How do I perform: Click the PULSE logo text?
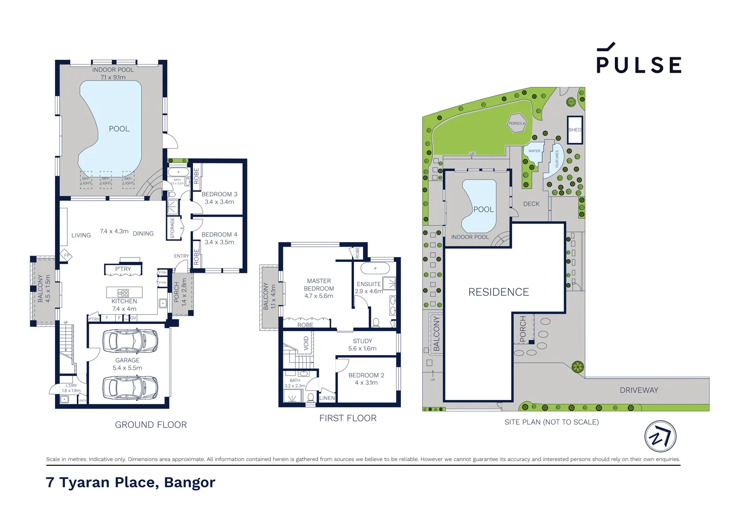[638, 64]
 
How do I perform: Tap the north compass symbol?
[660, 436]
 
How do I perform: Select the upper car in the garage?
[130, 341]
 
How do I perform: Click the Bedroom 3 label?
[219, 194]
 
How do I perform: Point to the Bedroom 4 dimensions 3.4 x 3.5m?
[219, 242]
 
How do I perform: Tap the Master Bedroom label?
[319, 285]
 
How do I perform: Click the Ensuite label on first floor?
[369, 284]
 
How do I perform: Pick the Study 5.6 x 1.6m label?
[362, 344]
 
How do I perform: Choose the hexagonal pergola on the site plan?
[516, 123]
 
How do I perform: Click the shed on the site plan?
[575, 129]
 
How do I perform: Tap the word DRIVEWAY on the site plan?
[639, 390]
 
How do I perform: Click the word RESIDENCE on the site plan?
[498, 292]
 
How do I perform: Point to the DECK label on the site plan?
[531, 204]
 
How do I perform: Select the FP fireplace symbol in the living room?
[66, 256]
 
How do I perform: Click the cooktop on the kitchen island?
[123, 293]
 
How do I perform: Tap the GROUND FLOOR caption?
[151, 425]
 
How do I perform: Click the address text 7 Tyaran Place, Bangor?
[130, 482]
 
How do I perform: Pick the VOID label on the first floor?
[306, 343]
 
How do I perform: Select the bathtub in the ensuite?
[375, 268]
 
